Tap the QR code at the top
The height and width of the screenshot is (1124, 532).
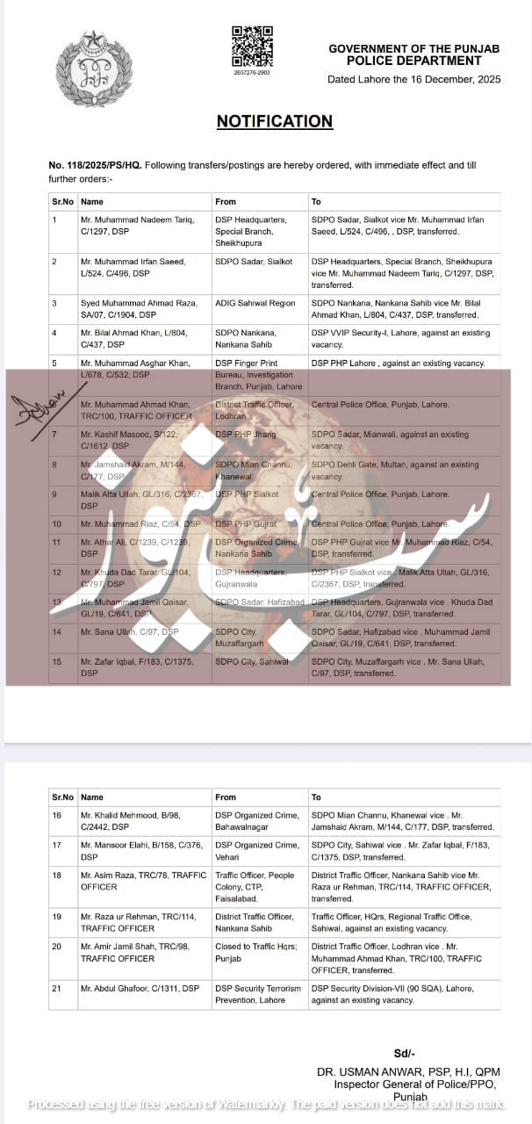(x=251, y=46)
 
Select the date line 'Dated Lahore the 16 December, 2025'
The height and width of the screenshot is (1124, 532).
(x=413, y=79)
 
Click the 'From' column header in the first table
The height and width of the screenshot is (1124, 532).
(x=226, y=202)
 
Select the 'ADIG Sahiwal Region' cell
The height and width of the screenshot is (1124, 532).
(x=255, y=301)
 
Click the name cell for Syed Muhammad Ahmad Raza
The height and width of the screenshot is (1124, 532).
(x=140, y=307)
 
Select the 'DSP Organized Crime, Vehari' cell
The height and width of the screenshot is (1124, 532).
(x=257, y=850)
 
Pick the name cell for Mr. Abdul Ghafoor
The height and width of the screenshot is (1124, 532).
(x=140, y=988)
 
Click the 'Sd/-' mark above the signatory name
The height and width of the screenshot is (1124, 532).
(x=406, y=1053)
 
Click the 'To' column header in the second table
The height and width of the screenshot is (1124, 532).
(x=316, y=797)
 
